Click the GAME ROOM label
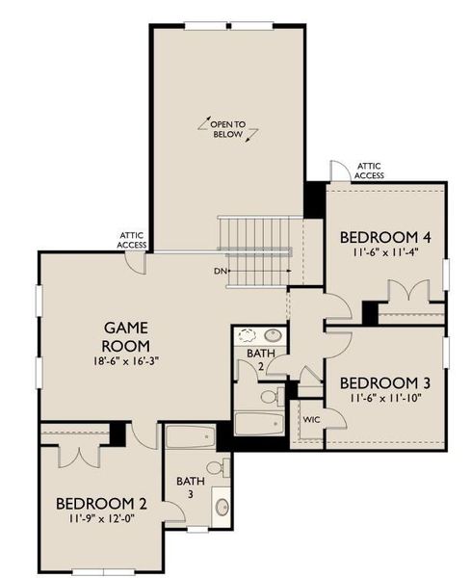pos(125,336)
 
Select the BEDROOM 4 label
pos(383,237)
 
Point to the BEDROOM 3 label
pos(383,380)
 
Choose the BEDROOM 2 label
pos(100,503)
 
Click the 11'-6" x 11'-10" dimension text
pos(383,397)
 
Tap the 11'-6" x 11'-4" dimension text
pos(383,253)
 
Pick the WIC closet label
pos(310,421)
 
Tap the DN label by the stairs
pos(220,272)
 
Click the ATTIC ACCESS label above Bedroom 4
pos(369,171)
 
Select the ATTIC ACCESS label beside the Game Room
pos(132,240)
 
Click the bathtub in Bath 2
pos(258,425)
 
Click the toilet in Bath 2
pos(270,395)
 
